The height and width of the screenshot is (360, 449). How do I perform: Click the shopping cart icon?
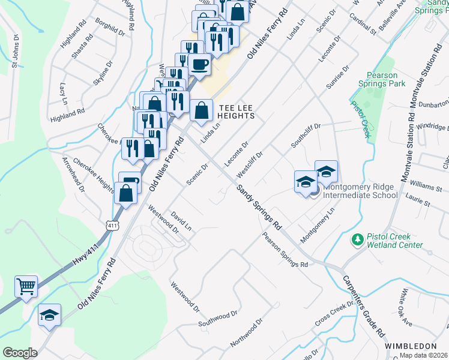coord(26,287)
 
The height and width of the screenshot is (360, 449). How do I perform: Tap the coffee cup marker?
coord(199,64)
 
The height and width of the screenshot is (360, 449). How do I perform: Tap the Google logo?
coord(20,352)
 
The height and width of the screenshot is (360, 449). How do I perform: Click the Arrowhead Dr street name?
coord(74,175)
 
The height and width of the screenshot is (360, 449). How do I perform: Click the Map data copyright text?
coord(424,355)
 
